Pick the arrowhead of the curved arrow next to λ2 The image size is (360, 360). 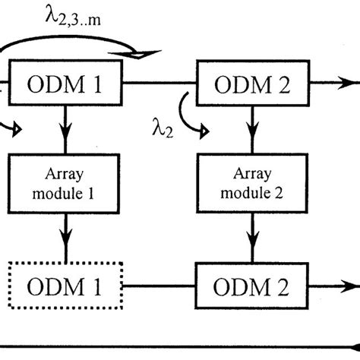204,134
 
